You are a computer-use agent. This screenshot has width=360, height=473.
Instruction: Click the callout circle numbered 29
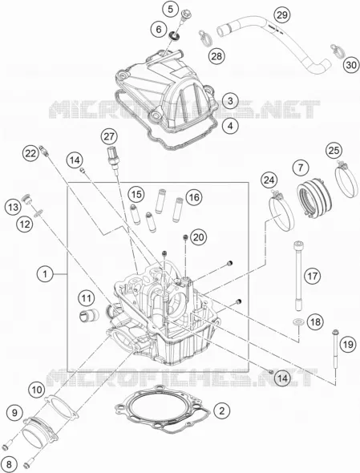click(x=282, y=14)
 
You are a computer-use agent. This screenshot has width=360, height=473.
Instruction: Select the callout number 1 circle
click(x=45, y=274)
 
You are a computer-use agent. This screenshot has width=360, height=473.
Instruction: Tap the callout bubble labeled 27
click(x=109, y=136)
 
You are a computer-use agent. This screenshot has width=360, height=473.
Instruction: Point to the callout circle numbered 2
click(x=222, y=410)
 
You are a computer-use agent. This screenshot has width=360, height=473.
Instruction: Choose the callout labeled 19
click(x=348, y=344)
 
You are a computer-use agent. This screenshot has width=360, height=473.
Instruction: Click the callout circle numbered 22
click(x=30, y=154)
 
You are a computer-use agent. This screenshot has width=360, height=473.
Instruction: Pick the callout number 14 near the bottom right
click(x=282, y=378)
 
